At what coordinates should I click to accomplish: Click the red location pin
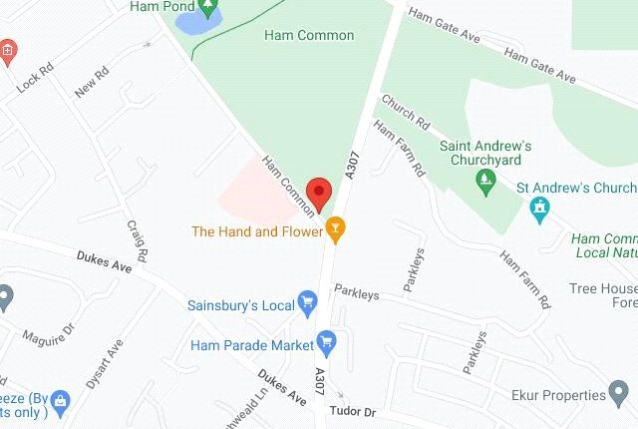pyautogui.click(x=319, y=191)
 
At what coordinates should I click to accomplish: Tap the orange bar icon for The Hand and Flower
pyautogui.click(x=336, y=231)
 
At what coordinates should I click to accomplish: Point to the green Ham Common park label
pyautogui.click(x=309, y=36)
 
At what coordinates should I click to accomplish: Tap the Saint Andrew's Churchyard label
pyautogui.click(x=486, y=154)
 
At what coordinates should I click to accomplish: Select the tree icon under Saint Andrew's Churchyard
pyautogui.click(x=486, y=180)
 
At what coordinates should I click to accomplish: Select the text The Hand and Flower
pyautogui.click(x=256, y=231)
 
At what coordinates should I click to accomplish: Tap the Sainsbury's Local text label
pyautogui.click(x=240, y=301)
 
